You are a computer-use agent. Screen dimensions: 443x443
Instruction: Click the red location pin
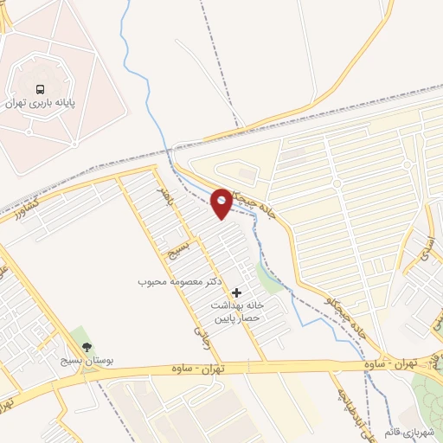221,203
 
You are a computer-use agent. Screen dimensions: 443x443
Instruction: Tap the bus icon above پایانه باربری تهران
40,89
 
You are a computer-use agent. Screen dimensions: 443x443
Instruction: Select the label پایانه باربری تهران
40,103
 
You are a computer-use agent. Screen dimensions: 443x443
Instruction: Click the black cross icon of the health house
237,293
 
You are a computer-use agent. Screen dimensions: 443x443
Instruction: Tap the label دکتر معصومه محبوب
182,282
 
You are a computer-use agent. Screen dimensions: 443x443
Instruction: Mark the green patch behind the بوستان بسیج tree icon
80,337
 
